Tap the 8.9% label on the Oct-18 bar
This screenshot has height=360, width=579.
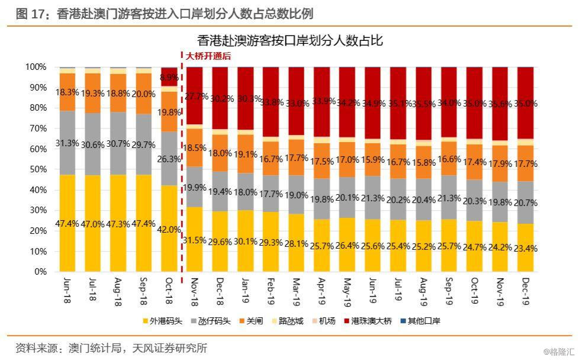[170, 78]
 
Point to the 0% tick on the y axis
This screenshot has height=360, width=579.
[39, 272]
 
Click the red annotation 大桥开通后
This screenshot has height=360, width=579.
[208, 57]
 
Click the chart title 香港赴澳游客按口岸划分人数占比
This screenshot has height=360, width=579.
[290, 41]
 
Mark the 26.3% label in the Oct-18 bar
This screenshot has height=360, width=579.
[170, 159]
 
